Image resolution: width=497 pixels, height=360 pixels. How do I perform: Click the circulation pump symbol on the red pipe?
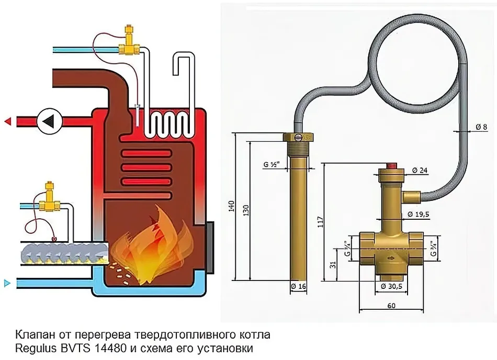(x=50, y=121)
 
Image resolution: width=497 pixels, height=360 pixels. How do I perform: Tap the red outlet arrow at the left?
(x=8, y=121)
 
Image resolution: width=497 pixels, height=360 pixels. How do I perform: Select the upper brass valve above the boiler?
(x=129, y=41)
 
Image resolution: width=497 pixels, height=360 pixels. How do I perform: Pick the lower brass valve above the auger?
(x=49, y=198)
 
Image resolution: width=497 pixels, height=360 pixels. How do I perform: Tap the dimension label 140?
(x=232, y=206)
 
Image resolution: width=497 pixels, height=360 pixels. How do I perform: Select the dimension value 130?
(x=246, y=211)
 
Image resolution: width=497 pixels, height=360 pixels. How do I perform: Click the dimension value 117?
(x=321, y=222)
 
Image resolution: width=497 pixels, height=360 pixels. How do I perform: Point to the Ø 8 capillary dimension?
(x=481, y=127)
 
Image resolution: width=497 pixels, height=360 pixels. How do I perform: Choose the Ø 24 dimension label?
(x=420, y=171)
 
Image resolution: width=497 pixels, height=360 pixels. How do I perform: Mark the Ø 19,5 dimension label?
(x=419, y=215)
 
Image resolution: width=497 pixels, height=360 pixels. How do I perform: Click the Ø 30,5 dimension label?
(x=391, y=286)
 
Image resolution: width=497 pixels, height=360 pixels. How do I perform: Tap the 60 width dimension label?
(x=391, y=306)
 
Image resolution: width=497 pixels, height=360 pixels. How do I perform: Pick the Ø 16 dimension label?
(x=298, y=286)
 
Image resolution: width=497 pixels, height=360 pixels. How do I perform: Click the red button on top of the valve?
(x=392, y=166)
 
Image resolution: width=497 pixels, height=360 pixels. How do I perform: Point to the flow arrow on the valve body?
(x=391, y=258)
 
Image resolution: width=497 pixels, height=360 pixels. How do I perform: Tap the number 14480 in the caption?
(x=110, y=348)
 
